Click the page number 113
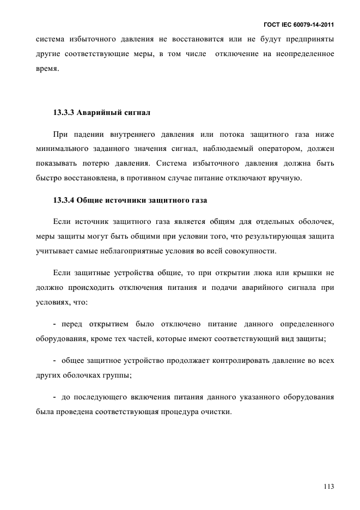pos(328,487)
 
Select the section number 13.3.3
pos(64,113)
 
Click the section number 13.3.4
pos(64,200)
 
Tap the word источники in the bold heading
pos(124,200)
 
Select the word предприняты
pos(308,39)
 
